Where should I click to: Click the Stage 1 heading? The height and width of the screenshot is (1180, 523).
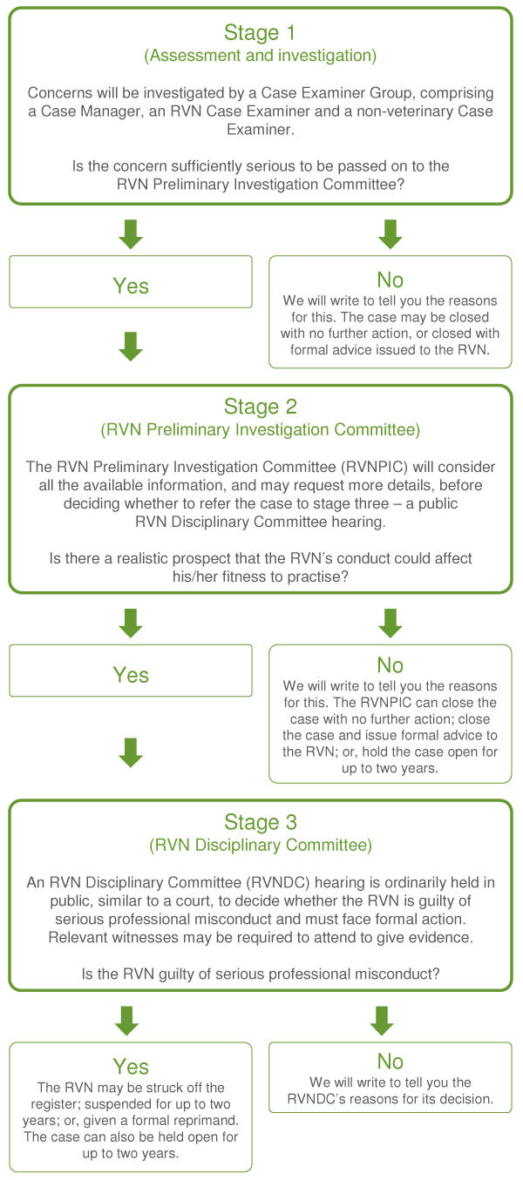click(260, 33)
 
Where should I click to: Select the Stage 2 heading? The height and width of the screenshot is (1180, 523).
click(260, 407)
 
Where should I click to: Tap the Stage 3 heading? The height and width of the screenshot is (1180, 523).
click(260, 822)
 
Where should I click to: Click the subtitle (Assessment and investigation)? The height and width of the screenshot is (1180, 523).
click(260, 56)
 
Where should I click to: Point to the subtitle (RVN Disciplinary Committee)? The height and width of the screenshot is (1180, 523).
click(260, 845)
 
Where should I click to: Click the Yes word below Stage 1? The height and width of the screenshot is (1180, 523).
click(131, 287)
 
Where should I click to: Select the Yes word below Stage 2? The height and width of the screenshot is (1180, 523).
click(131, 675)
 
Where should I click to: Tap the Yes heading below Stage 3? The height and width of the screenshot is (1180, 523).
click(131, 1067)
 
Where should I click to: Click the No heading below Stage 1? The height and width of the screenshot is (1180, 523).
click(390, 280)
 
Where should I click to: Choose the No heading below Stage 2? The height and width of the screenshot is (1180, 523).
click(390, 665)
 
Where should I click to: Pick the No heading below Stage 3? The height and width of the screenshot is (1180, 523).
click(390, 1062)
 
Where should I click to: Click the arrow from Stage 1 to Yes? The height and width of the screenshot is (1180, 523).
click(131, 233)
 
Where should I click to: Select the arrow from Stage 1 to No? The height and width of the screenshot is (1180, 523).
click(390, 233)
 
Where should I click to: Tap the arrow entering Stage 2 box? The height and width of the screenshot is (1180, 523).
click(131, 346)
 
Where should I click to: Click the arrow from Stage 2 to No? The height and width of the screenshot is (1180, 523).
click(390, 622)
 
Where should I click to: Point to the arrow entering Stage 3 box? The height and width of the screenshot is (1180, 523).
click(131, 752)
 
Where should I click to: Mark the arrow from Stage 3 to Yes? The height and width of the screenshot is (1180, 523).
click(127, 1020)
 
